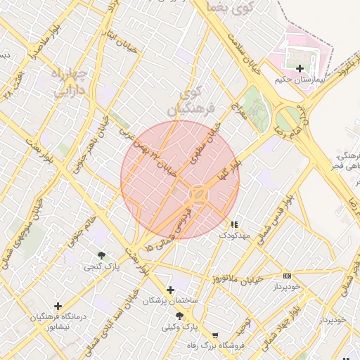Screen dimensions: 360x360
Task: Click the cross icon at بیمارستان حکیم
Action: pyautogui.click(x=300, y=68)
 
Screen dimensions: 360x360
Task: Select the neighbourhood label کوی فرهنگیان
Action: pyautogui.click(x=188, y=101)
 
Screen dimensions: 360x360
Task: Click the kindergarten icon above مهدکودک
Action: pyautogui.click(x=234, y=224)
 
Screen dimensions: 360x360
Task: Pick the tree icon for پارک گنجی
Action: pyautogui.click(x=102, y=255)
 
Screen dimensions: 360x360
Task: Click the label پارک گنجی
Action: pyautogui.click(x=102, y=266)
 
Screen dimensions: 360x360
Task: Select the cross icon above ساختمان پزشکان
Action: pyautogui.click(x=170, y=290)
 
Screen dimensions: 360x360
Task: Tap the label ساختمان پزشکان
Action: pyautogui.click(x=171, y=301)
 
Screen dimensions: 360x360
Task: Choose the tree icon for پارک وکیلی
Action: pyautogui.click(x=179, y=316)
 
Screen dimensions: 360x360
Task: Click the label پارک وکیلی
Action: pyautogui.click(x=180, y=327)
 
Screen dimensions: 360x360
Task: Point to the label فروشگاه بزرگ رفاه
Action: pyautogui.click(x=210, y=345)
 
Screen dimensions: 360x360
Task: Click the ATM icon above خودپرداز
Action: pyautogui.click(x=286, y=276)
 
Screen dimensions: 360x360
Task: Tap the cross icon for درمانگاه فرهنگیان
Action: pyautogui.click(x=58, y=306)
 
